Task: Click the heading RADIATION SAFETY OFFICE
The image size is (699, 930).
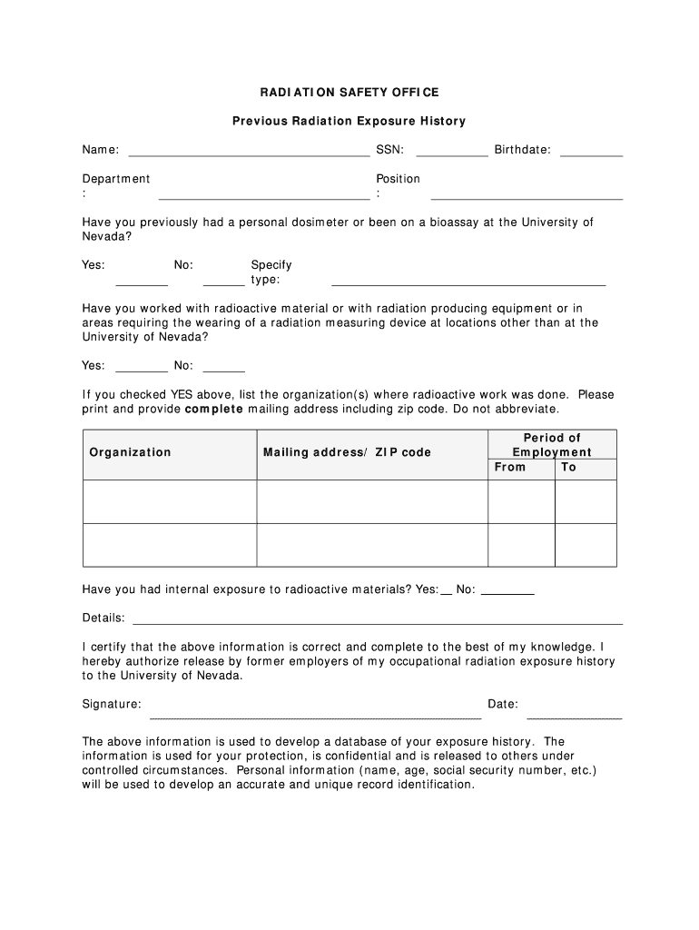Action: [x=349, y=93]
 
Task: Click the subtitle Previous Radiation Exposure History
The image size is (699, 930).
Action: [x=349, y=121]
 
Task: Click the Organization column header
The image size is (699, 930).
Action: [x=130, y=452]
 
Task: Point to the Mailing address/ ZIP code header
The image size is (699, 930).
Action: [x=347, y=452]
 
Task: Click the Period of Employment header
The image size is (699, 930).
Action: [x=552, y=445]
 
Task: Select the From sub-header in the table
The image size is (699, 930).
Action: [x=509, y=467]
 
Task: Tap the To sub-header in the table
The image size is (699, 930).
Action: [x=568, y=467]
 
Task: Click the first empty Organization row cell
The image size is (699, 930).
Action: [x=170, y=501]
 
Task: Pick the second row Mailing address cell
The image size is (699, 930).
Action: [x=372, y=545]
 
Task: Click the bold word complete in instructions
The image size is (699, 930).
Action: [x=214, y=409]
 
